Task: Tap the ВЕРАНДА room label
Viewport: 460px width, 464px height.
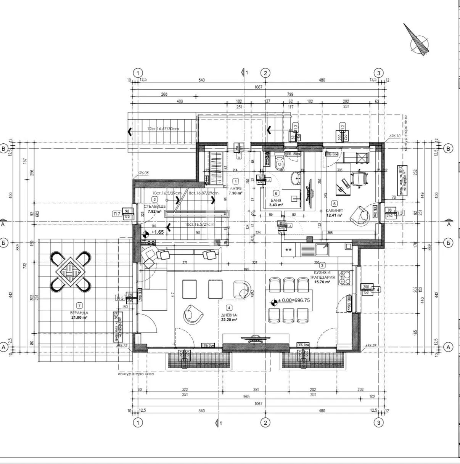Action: click(79, 312)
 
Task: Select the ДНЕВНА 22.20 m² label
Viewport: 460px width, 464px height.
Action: click(229, 318)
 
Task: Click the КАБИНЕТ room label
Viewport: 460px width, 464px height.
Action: click(334, 210)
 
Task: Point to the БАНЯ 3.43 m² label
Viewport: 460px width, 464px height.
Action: click(275, 202)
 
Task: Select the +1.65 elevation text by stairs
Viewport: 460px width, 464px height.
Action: click(158, 232)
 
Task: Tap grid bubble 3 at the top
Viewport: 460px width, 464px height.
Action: click(378, 73)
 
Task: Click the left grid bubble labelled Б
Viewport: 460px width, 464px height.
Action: click(4, 242)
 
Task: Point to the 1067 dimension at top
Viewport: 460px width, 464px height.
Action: click(258, 87)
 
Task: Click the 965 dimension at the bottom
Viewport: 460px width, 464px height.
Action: click(246, 397)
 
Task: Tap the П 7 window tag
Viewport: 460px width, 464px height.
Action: click(116, 214)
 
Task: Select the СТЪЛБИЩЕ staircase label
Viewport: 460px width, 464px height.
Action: click(154, 206)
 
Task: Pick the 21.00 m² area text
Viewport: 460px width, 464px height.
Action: click(79, 317)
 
